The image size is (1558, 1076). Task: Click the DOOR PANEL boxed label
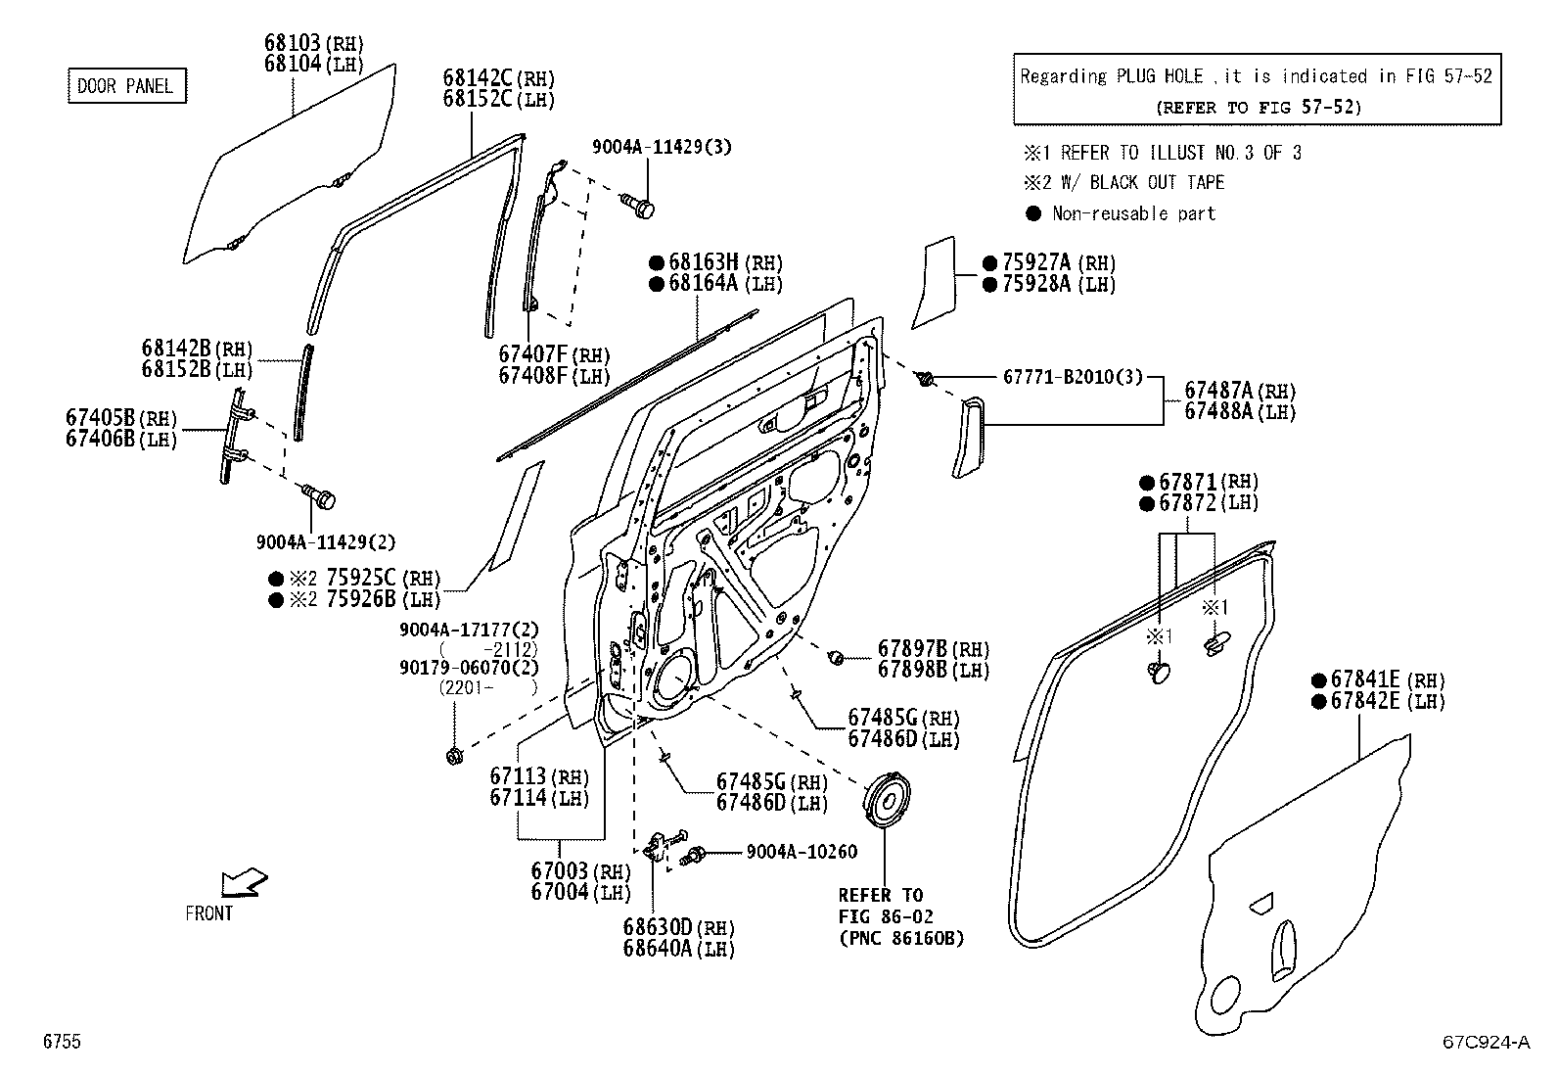coord(125,86)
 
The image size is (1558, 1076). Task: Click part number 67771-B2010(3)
coord(1072,376)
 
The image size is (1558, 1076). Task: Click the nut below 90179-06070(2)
coord(453,755)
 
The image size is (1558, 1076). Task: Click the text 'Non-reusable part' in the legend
coord(1133,213)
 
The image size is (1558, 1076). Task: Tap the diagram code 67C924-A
coord(1484,1042)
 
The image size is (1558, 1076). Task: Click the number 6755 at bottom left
coord(61,1042)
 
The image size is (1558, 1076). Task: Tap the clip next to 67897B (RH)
coord(837,657)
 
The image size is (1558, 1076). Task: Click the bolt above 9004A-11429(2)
coord(319,496)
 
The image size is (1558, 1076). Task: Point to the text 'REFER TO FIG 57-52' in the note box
coord(1258,107)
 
